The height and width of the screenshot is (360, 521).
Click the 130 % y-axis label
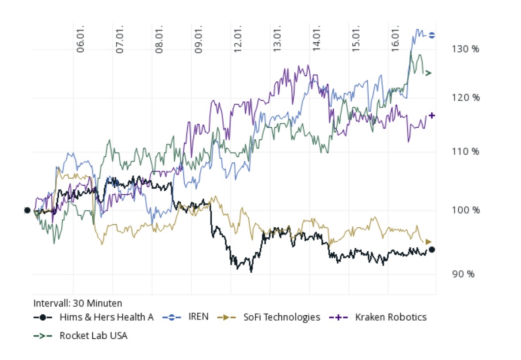465,49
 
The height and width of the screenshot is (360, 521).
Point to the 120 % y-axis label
465,98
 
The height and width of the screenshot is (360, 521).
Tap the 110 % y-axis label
465,152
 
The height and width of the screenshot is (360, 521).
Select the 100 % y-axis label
465,210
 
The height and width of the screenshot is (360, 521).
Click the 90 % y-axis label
464,274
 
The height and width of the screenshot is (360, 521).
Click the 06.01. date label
80,42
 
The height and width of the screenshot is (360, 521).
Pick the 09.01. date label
198,42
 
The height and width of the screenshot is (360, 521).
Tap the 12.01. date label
238,42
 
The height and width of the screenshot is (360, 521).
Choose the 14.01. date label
317,42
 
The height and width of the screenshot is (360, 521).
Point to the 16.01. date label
396,42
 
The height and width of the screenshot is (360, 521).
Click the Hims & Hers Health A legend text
106,317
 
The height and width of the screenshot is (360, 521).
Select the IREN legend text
198,317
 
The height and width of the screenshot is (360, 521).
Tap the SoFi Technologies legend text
281,317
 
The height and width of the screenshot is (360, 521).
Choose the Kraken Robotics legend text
391,317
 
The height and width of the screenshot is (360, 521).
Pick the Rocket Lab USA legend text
93,336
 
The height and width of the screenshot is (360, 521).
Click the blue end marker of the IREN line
432,35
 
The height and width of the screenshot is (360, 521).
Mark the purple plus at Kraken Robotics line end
432,116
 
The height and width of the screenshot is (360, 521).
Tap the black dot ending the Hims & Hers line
432,250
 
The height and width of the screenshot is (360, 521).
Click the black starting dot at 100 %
27,210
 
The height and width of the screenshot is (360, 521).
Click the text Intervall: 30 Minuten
78,303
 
